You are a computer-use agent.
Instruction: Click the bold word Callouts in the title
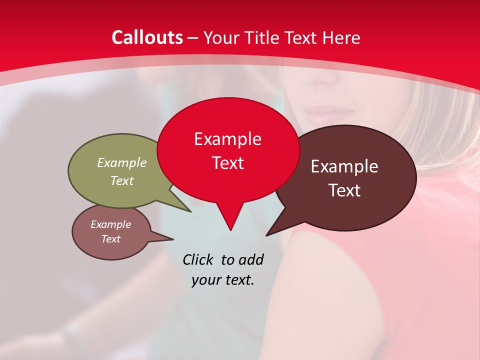click(147, 37)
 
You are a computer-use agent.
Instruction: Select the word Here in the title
click(342, 37)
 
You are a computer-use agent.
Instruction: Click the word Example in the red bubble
click(227, 139)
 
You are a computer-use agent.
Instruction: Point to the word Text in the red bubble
click(227, 163)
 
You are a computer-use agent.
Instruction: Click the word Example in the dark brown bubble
click(344, 166)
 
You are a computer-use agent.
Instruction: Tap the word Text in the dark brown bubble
click(344, 190)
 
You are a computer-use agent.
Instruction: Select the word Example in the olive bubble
click(122, 162)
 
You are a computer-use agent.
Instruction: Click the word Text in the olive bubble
click(122, 180)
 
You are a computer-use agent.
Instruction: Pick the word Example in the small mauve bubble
click(110, 224)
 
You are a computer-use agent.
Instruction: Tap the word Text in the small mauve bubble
click(110, 239)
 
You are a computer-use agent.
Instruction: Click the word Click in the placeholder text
click(198, 259)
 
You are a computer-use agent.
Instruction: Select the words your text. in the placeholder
click(223, 280)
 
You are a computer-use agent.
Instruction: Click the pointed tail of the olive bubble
click(190, 211)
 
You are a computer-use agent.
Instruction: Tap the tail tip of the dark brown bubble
click(267, 235)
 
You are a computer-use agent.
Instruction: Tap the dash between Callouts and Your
click(193, 37)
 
